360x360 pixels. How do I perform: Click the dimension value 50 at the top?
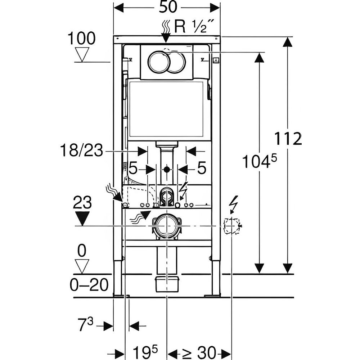(x=166, y=8)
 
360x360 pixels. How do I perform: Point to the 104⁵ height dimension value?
(x=259, y=162)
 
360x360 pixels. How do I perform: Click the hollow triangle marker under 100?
(x=82, y=55)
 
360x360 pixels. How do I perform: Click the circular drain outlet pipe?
(x=166, y=226)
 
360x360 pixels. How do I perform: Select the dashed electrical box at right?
(x=231, y=226)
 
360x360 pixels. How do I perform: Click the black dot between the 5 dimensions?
(x=166, y=168)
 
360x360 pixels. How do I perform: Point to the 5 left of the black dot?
(x=133, y=168)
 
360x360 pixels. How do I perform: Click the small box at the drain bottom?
(x=167, y=284)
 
